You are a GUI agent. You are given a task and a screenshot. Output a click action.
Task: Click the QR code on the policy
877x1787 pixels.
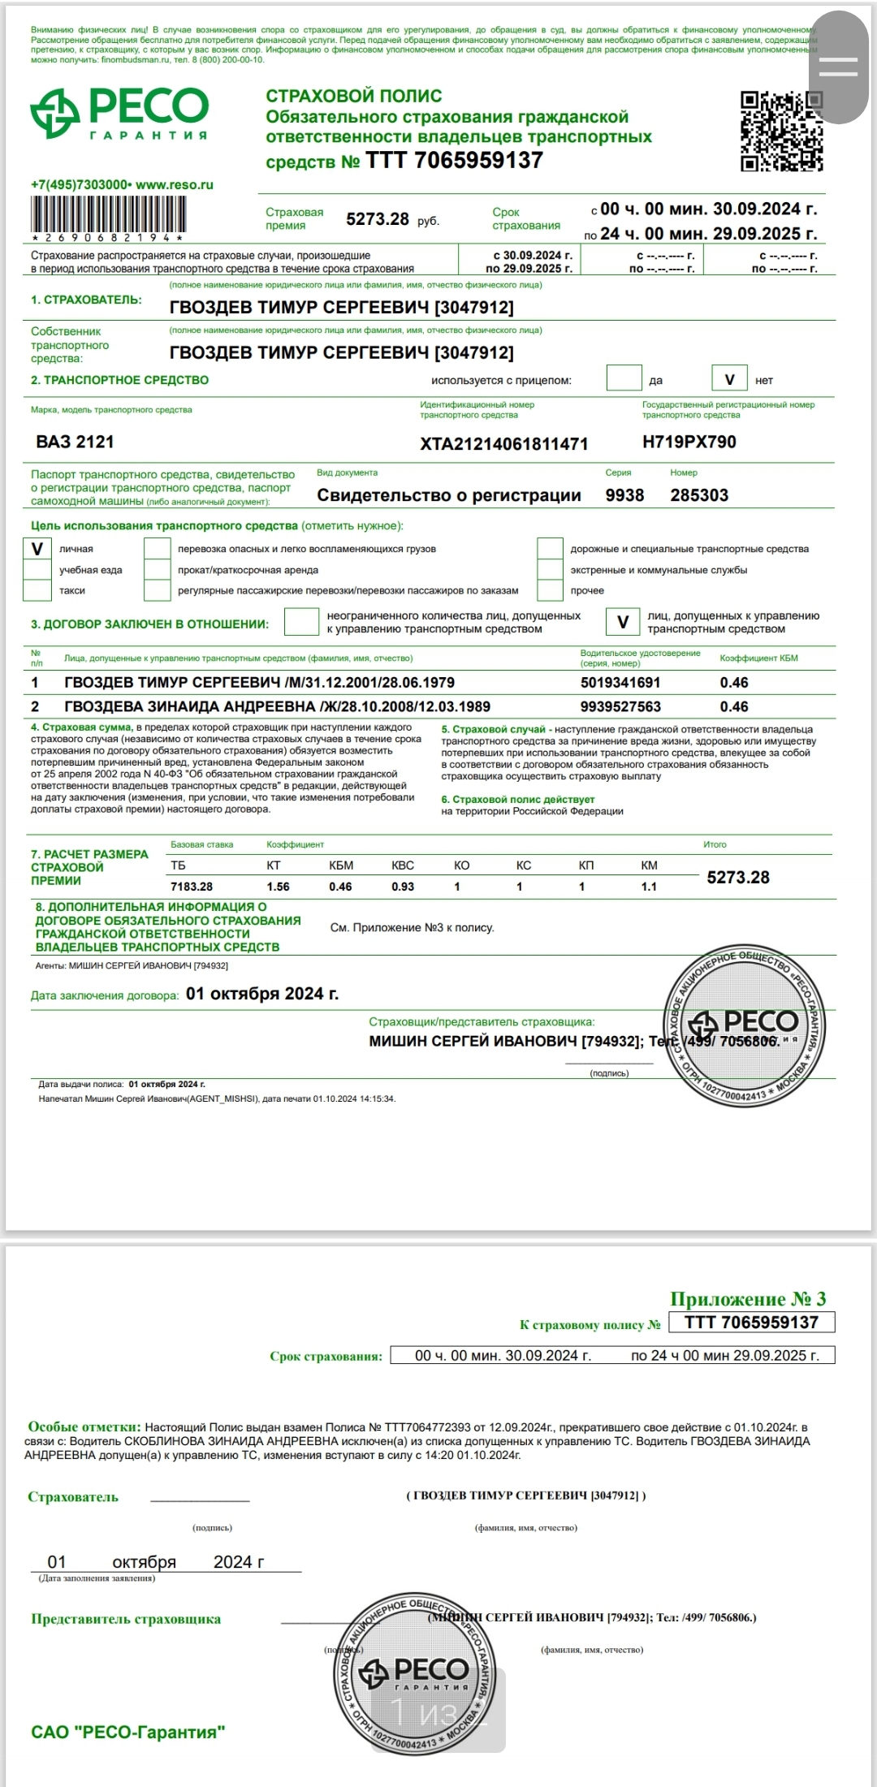pyautogui.click(x=781, y=131)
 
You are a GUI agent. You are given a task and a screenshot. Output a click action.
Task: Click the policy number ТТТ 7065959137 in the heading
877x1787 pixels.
pyautogui.click(x=454, y=161)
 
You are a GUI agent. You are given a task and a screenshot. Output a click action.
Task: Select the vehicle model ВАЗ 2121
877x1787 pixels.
pyautogui.click(x=75, y=442)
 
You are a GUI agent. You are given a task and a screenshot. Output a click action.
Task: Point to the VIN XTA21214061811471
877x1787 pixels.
pyautogui.click(x=503, y=444)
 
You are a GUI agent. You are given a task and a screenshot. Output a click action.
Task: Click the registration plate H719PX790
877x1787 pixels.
pyautogui.click(x=689, y=442)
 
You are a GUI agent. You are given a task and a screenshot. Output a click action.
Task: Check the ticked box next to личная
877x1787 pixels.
pyautogui.click(x=37, y=550)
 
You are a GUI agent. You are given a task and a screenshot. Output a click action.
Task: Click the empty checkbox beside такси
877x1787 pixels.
pyautogui.click(x=37, y=590)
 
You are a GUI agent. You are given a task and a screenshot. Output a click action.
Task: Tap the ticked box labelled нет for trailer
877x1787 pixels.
pyautogui.click(x=729, y=379)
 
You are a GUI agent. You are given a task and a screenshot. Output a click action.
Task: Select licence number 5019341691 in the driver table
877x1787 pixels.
pyautogui.click(x=620, y=683)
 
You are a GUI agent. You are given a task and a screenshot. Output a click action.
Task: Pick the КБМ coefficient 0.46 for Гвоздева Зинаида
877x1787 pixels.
pyautogui.click(x=734, y=707)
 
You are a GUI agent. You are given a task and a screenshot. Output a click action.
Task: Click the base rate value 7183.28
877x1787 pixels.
pyautogui.click(x=192, y=887)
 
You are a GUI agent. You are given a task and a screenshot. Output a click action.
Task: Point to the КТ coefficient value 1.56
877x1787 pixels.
pyautogui.click(x=278, y=887)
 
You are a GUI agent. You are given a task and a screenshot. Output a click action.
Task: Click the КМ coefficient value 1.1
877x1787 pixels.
pyautogui.click(x=649, y=887)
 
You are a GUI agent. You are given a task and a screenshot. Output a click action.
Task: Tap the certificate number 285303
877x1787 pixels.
pyautogui.click(x=699, y=495)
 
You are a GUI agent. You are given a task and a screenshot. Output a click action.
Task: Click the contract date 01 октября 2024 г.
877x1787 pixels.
pyautogui.click(x=262, y=994)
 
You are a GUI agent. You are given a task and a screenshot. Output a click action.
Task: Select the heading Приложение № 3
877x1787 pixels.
pyautogui.click(x=747, y=1299)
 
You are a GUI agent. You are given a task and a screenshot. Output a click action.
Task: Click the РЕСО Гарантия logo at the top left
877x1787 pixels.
pyautogui.click(x=119, y=113)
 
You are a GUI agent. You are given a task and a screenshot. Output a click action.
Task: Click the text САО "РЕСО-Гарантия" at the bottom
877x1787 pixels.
pyautogui.click(x=127, y=1733)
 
